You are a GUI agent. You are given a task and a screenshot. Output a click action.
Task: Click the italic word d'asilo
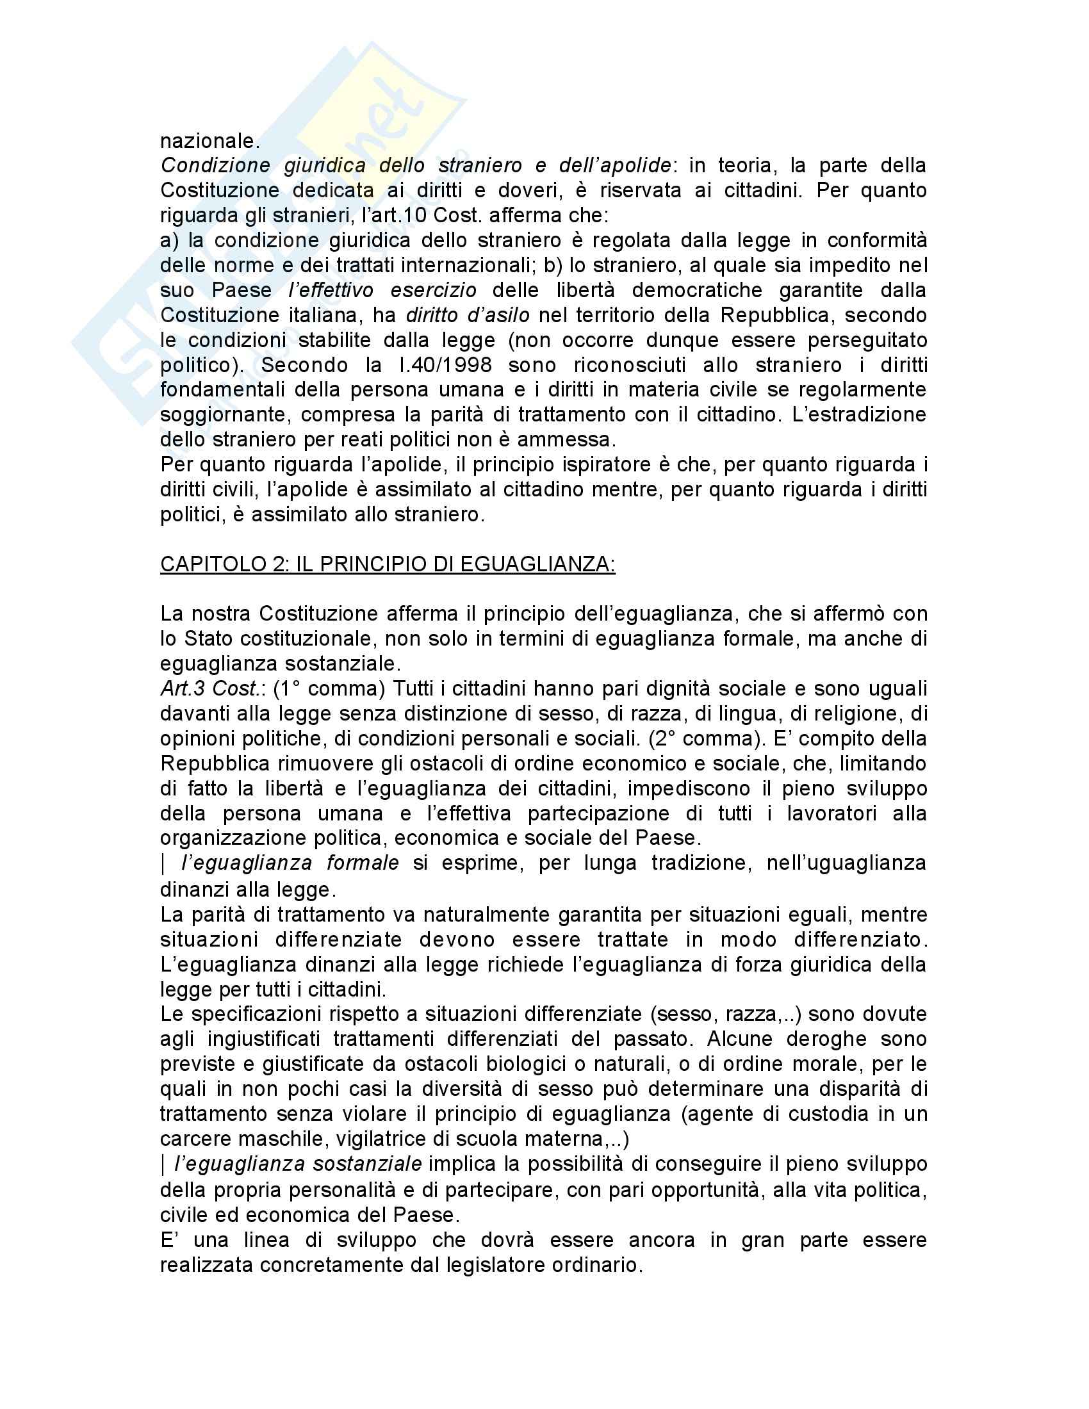pyautogui.click(x=497, y=316)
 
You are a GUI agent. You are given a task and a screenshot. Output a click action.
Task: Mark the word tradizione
pyautogui.click(x=701, y=863)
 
